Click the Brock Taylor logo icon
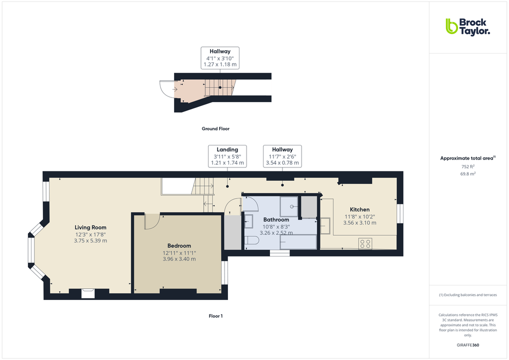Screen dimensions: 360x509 coord(451,26)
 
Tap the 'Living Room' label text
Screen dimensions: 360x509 coord(90,227)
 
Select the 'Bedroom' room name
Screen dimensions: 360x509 coord(179,245)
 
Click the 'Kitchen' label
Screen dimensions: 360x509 coord(359,209)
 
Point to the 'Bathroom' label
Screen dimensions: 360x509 coord(276,219)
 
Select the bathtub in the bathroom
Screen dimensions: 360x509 coord(298,241)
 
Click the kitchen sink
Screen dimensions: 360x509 coord(325,225)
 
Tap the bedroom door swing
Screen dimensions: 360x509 coord(151,221)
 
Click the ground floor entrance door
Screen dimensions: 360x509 coord(166,89)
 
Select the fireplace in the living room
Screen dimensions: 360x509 coord(88,293)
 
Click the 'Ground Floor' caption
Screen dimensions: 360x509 coord(215,129)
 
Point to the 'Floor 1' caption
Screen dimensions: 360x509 coord(215,316)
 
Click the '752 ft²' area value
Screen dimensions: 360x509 coord(467,166)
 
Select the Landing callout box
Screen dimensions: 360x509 coord(227,156)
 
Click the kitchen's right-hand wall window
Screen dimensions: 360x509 coord(400,213)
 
